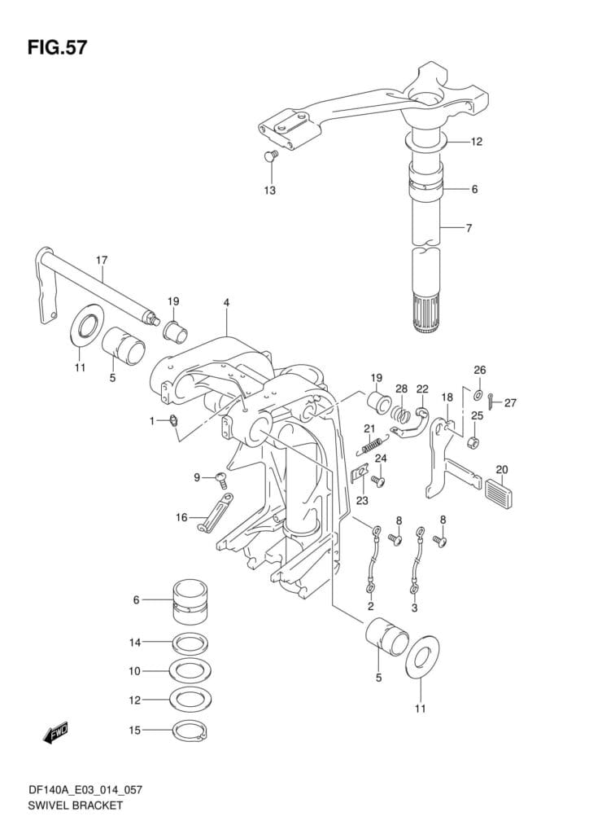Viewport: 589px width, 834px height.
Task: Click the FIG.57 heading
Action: point(58,48)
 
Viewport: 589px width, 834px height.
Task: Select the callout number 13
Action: point(270,191)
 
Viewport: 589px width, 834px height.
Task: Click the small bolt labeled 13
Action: point(271,155)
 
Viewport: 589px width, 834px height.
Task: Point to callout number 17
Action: point(102,260)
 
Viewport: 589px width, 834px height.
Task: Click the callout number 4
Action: point(226,302)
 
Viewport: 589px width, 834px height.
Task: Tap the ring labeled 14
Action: point(190,643)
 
